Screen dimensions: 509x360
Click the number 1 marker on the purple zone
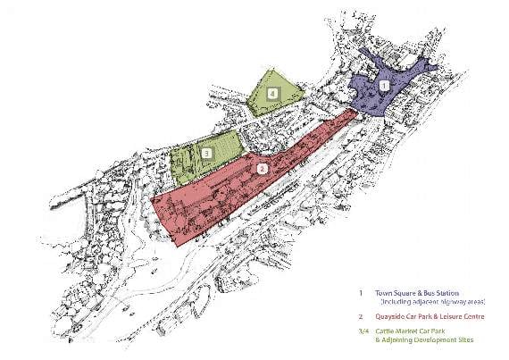tap(384, 86)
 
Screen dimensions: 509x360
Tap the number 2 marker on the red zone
tap(261, 167)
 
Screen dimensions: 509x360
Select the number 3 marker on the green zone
tap(206, 154)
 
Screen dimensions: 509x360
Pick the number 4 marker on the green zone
tap(275, 92)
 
